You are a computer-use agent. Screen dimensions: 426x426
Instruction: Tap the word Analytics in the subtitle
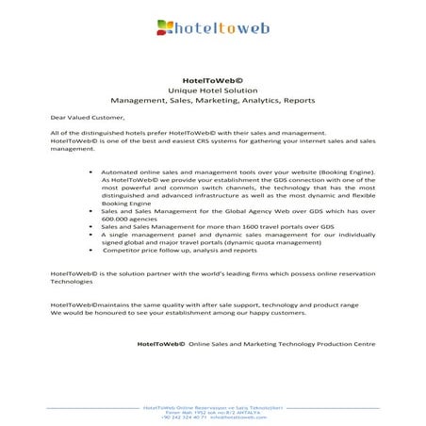click(x=259, y=99)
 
